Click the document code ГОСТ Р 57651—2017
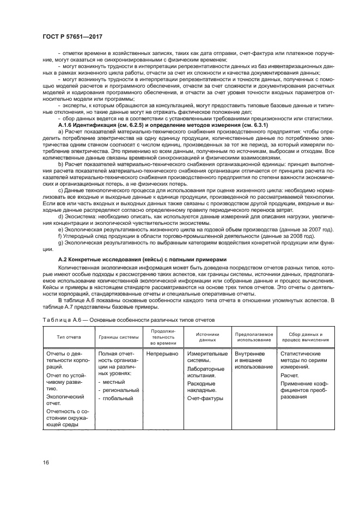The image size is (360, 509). [72, 36]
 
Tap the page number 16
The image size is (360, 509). [46, 462]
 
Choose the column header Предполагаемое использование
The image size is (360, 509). [253, 336]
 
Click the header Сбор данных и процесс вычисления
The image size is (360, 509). [305, 336]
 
